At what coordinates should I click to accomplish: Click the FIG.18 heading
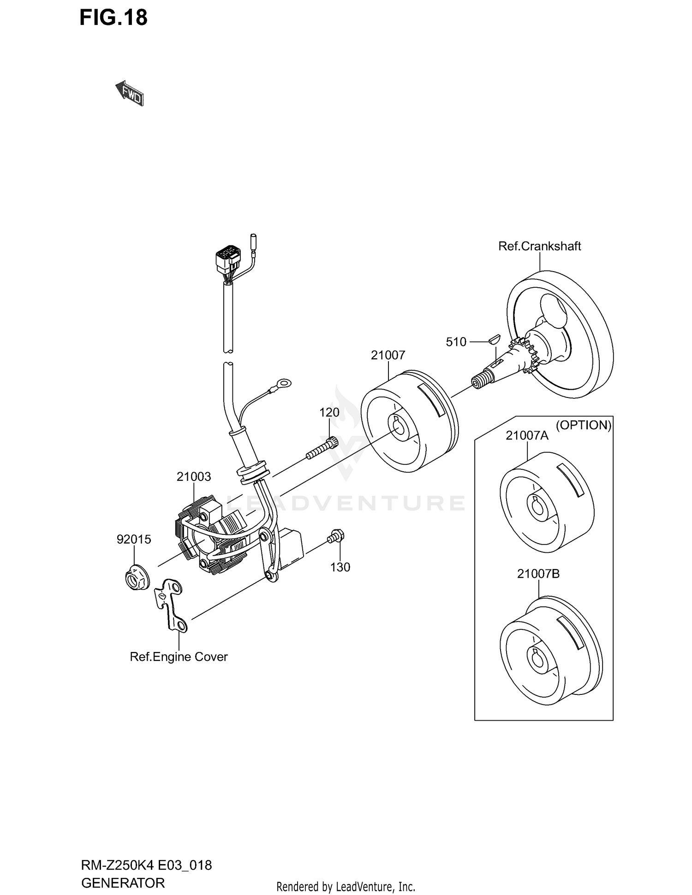coord(113,18)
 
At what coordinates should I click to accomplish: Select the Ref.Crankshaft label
coord(539,246)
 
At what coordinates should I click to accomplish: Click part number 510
coord(456,342)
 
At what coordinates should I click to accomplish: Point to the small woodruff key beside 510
coord(494,339)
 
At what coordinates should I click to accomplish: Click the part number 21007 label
coord(388,355)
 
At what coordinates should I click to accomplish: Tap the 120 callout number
coord(329,412)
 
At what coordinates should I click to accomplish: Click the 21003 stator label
coord(193,476)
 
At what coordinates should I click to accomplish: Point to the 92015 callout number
coord(134,539)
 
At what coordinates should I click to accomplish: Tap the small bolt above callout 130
coord(337,536)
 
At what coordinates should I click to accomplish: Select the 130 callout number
coord(340,567)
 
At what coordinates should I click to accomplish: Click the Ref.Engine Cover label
coord(179,657)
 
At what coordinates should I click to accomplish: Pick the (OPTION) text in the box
coord(583,425)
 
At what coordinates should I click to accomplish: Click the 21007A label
coord(527,435)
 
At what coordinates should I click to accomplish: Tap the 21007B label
coord(538,574)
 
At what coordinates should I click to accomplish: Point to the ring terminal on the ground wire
coord(283,382)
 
